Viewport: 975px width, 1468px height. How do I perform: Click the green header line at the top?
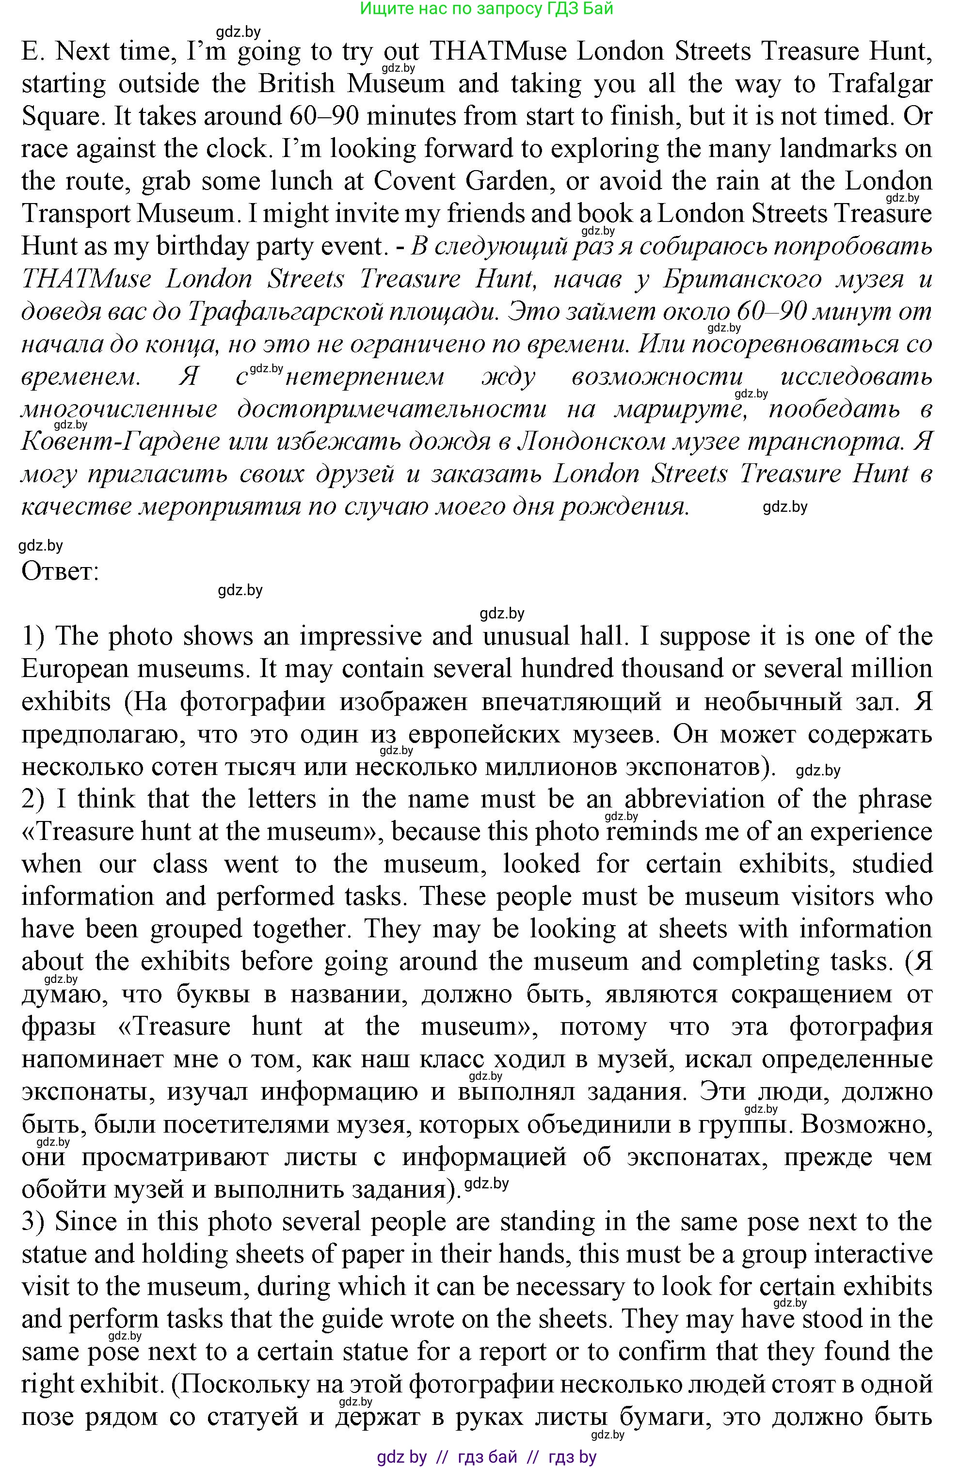(x=486, y=9)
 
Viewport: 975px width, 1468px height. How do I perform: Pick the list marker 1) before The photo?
(x=34, y=636)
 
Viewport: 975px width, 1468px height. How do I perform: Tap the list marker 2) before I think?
(x=34, y=799)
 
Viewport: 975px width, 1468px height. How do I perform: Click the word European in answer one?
(x=73, y=669)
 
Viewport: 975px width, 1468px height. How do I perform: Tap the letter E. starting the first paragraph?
(x=31, y=51)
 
